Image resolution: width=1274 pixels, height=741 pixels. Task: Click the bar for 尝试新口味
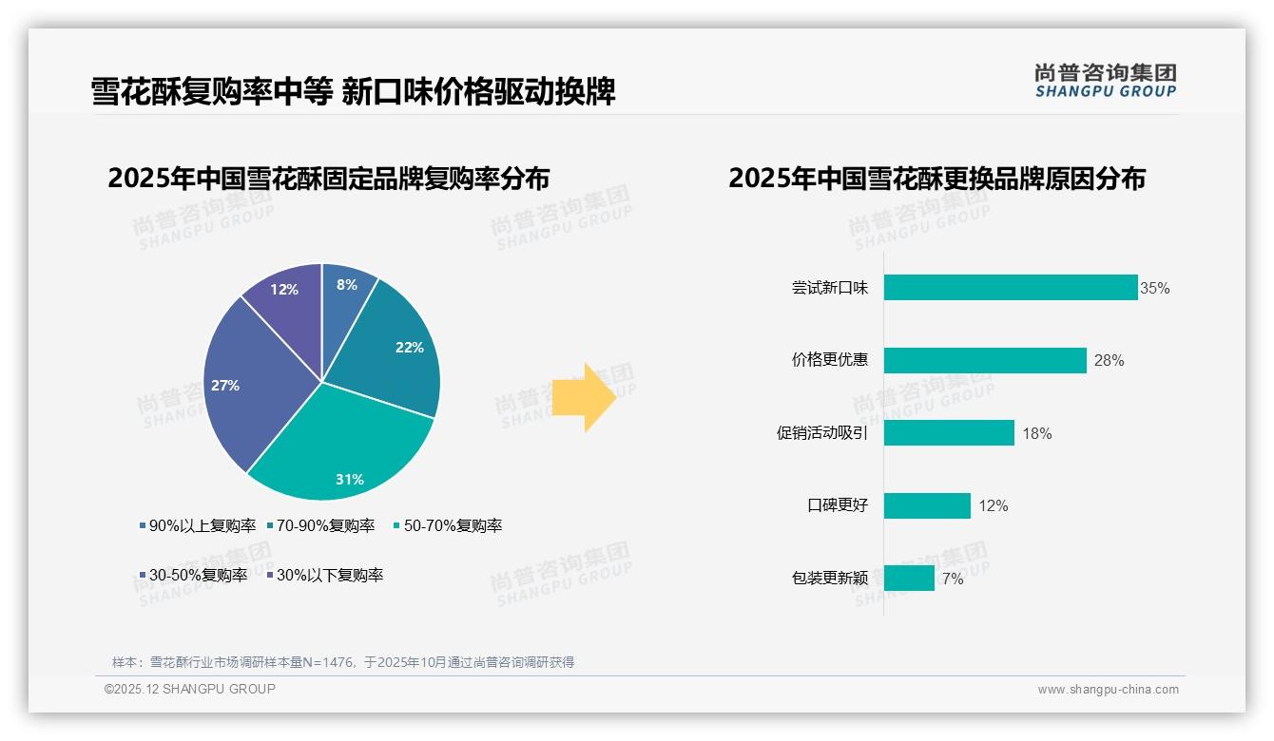point(1010,288)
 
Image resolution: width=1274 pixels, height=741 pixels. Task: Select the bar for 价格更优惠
point(984,360)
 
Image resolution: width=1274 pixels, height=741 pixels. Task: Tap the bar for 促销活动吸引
point(949,433)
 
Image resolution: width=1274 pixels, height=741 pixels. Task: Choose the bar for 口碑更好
point(927,505)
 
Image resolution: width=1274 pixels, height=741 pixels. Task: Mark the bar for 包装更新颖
point(909,578)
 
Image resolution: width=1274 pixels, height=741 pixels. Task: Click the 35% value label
point(1155,289)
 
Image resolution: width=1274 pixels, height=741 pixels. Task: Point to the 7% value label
point(953,579)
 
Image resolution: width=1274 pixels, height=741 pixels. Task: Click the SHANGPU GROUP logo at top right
point(1105,81)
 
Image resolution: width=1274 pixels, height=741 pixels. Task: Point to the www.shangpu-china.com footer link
point(1108,690)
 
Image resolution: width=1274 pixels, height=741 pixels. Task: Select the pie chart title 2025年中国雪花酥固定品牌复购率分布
point(328,179)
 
